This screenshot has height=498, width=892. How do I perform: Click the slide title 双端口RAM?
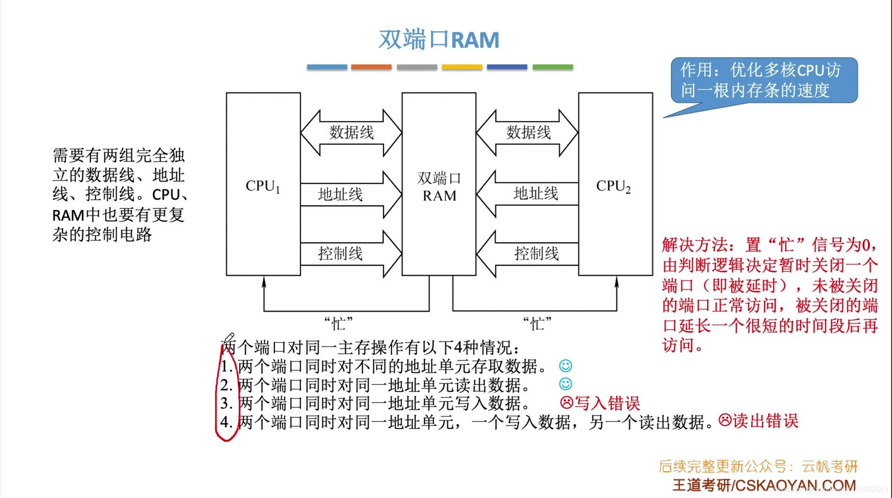[438, 39]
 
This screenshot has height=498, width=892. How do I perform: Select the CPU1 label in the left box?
[263, 186]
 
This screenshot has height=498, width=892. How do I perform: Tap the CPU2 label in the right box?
[613, 186]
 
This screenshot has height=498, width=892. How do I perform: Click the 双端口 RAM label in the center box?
[439, 187]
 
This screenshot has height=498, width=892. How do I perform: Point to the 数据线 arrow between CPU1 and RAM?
[351, 133]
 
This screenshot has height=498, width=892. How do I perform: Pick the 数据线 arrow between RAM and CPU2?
[528, 133]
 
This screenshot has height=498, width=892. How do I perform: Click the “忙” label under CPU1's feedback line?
[338, 324]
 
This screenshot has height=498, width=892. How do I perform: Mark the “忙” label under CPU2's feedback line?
[537, 324]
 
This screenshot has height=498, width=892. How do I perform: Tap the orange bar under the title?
[371, 67]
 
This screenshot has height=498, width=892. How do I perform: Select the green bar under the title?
[552, 67]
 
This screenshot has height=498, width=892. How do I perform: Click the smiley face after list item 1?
[566, 366]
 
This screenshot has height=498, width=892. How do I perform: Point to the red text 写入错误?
[607, 403]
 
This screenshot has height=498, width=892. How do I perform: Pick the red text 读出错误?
[765, 421]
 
